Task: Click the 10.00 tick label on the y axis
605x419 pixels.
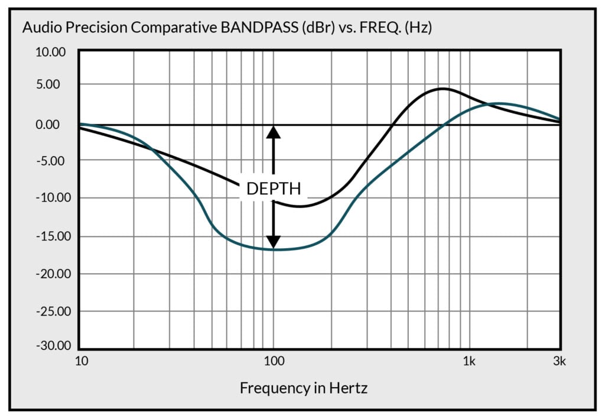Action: click(52, 52)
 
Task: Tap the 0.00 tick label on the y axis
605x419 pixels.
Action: click(55, 125)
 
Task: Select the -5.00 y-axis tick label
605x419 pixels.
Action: click(53, 160)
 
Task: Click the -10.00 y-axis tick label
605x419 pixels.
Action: click(51, 197)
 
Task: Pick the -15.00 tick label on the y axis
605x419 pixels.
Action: click(51, 236)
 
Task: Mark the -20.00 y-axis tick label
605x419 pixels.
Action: click(51, 274)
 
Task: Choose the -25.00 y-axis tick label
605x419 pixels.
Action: click(51, 311)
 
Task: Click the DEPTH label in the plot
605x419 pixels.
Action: click(274, 189)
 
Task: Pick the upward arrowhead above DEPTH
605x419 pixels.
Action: click(273, 132)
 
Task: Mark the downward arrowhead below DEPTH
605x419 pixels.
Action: click(273, 242)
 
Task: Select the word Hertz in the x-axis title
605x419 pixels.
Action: click(349, 388)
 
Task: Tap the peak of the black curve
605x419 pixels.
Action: click(443, 89)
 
